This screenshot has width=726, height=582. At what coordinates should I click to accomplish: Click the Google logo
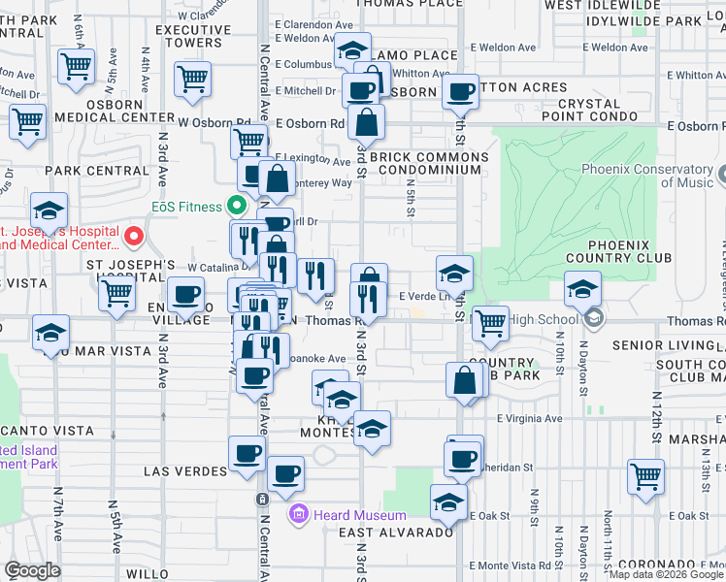tap(32, 570)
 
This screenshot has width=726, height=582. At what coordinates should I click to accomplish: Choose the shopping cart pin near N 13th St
tap(645, 476)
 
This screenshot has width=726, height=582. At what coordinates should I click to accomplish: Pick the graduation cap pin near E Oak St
tap(448, 501)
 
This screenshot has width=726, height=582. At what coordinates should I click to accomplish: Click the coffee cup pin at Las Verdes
tap(247, 453)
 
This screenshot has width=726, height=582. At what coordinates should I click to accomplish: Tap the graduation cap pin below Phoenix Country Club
tap(582, 289)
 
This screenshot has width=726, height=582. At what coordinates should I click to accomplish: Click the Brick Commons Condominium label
tap(425, 163)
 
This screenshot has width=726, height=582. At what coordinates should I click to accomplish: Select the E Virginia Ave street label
tap(529, 419)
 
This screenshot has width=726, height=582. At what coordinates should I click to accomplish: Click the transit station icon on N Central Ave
tap(262, 499)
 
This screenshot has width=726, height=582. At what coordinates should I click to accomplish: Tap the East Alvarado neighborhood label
tap(396, 533)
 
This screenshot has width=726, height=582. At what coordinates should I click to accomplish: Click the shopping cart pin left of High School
tap(490, 323)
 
